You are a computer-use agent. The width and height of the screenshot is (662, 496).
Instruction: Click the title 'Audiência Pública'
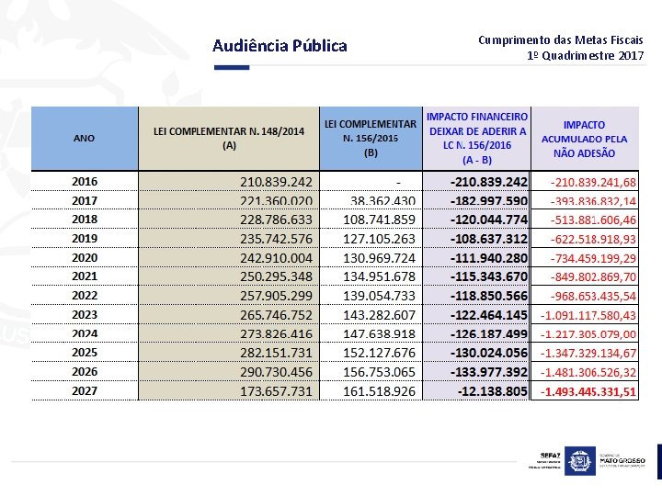(x=280, y=46)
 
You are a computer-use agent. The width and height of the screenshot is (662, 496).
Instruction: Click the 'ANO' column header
(x=84, y=138)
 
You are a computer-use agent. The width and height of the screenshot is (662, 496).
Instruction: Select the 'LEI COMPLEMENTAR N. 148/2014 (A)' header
(x=228, y=138)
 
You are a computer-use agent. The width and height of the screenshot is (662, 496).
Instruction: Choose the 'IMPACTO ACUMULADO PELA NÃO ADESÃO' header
(x=585, y=138)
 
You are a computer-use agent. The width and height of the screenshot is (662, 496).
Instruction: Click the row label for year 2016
(x=85, y=182)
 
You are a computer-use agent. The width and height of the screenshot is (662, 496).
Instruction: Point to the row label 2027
(x=85, y=391)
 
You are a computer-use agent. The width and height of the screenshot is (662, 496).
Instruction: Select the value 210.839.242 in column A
(x=276, y=182)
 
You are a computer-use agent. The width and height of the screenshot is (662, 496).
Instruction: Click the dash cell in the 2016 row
(x=398, y=182)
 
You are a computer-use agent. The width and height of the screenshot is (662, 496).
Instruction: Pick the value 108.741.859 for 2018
(x=378, y=220)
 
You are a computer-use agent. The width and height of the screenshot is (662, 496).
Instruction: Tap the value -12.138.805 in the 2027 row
(x=492, y=391)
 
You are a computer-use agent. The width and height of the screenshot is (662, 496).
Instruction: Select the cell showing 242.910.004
(x=276, y=258)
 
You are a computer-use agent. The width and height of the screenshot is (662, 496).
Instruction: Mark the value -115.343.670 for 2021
(x=488, y=276)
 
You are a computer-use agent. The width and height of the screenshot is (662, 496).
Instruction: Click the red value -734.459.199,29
(x=593, y=258)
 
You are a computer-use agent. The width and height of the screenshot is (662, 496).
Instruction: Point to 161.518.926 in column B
(x=378, y=391)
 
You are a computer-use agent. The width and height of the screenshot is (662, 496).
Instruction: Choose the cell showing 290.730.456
(x=276, y=372)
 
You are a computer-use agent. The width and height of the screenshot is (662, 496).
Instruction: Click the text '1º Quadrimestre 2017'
(x=586, y=56)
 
